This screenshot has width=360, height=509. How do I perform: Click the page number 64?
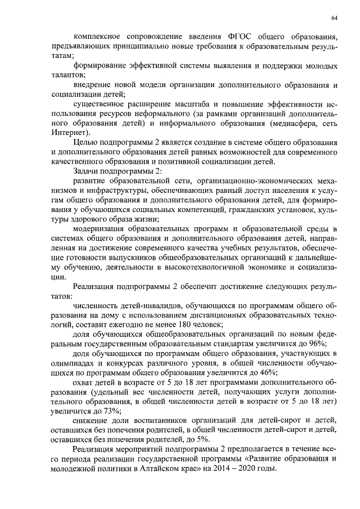pos(334,19)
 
